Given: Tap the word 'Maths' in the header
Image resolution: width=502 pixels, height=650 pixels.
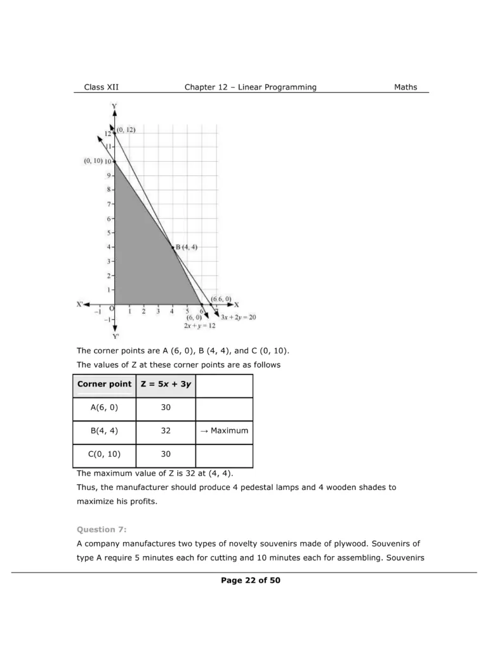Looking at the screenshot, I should pos(406,87).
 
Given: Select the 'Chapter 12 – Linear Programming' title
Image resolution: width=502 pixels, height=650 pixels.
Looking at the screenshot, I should pos(250,87).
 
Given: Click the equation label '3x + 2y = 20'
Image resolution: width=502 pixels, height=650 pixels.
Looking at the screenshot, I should pos(239,317).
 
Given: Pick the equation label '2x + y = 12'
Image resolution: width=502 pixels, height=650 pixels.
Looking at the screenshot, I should pos(200,325).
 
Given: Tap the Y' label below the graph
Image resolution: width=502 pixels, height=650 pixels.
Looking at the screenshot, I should pos(115,336).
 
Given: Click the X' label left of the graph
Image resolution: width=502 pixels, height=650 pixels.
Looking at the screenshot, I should pos(80,305).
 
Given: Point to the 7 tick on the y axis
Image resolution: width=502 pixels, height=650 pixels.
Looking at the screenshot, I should pos(109,204).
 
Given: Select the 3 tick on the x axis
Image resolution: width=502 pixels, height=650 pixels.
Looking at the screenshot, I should pos(158,312).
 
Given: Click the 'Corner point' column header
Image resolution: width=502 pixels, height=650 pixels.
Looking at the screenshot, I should pos(104,384).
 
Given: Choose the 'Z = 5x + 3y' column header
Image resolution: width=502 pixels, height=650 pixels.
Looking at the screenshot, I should pos(166,384).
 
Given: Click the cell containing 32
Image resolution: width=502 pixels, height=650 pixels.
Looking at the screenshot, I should pos(166,431).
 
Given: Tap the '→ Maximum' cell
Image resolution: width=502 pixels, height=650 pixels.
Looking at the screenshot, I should pos(224,431).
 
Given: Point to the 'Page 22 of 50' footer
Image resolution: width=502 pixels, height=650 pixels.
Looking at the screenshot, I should pos(251,580).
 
